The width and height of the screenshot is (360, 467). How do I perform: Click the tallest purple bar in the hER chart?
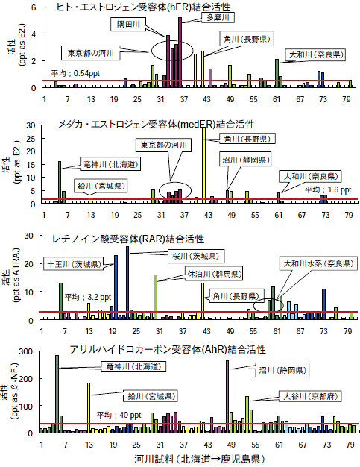coord(180,52)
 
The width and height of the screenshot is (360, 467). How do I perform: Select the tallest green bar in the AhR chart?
coord(57,393)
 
